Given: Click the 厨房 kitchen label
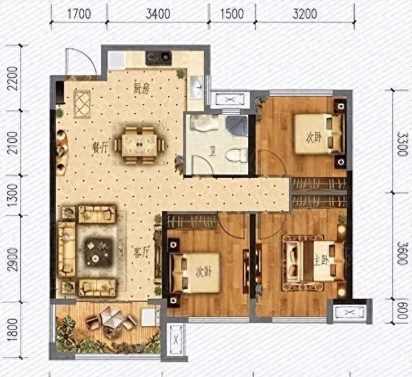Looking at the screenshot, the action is tap(142, 89).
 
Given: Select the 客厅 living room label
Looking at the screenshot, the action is tap(142, 253).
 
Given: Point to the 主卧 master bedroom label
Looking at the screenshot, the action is tap(321, 261).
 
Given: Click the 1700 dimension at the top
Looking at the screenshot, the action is tap(79, 14).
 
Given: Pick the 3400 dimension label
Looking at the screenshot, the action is tap(158, 14).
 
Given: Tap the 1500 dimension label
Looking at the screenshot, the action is tap(232, 14).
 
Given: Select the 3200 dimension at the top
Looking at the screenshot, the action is tap(304, 14).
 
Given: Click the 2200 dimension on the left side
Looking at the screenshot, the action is tap(13, 78).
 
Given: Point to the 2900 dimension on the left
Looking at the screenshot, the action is tap(13, 259).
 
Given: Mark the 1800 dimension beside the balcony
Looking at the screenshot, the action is tap(13, 330).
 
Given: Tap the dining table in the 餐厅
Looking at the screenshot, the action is tap(139, 145).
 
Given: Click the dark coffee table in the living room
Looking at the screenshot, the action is tap(98, 252).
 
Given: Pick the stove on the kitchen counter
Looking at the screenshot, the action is tap(159, 58).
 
